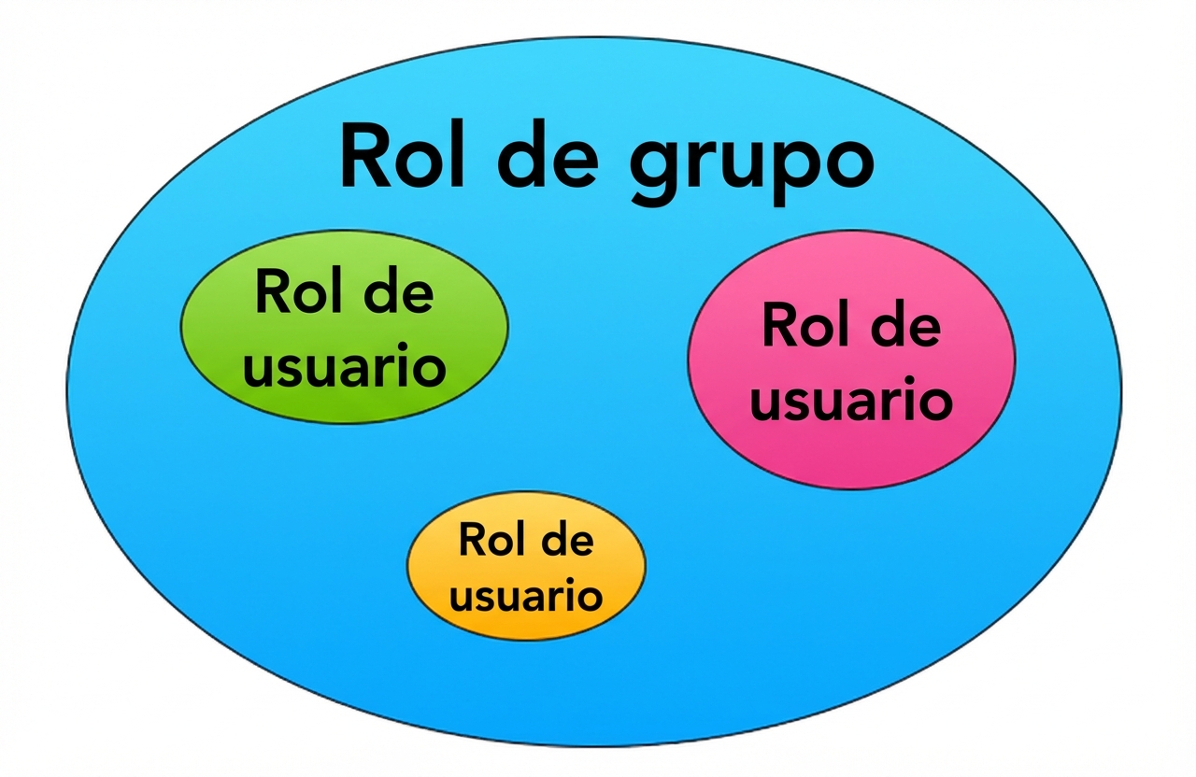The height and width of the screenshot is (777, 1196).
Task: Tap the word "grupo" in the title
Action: click(752, 162)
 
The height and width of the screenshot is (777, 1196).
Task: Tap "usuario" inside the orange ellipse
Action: click(526, 593)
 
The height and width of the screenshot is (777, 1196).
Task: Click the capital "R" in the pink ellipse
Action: click(777, 326)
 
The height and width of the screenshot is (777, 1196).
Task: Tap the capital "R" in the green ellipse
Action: click(270, 293)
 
